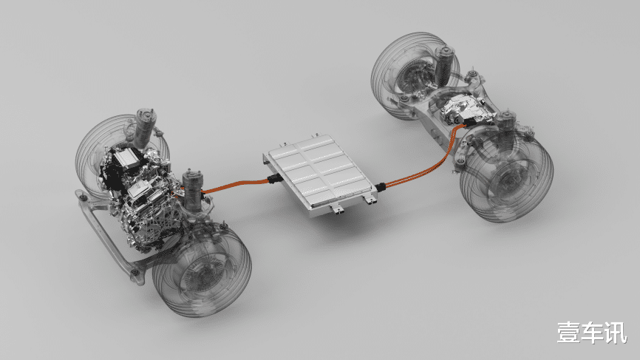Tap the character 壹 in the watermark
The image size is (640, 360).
click(570, 332)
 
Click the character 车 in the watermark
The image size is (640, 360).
click(593, 332)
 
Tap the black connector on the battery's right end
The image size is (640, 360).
click(381, 187)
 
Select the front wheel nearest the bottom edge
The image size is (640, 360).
click(202, 272)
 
